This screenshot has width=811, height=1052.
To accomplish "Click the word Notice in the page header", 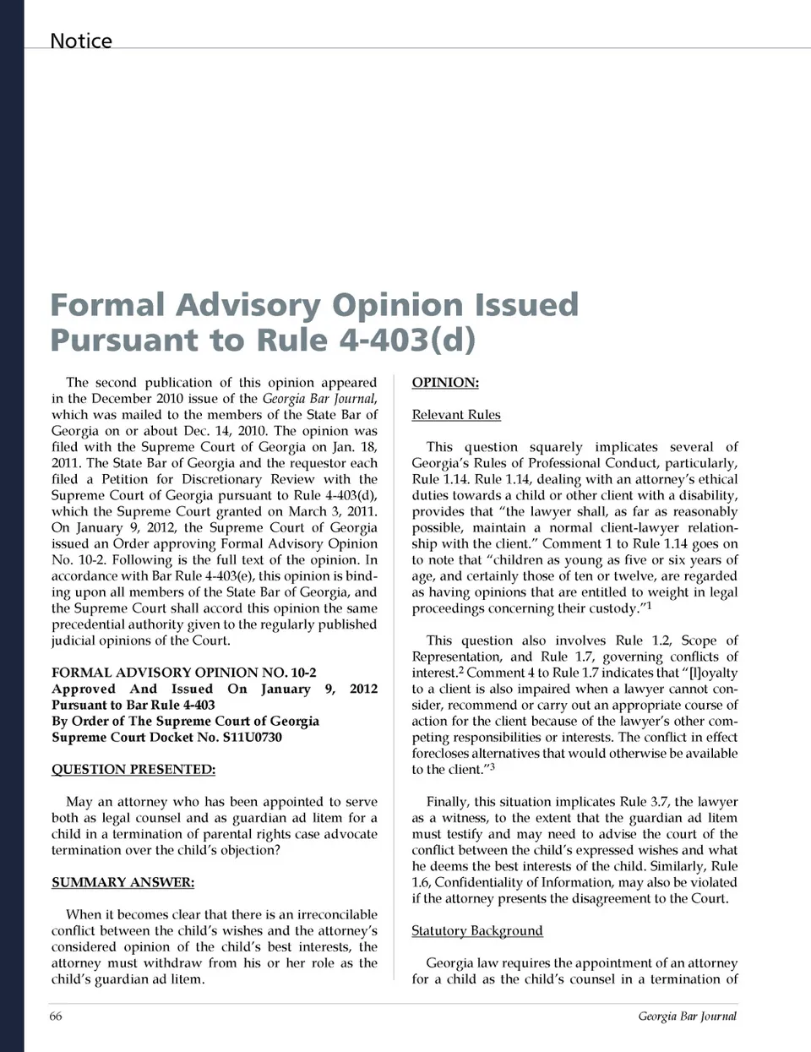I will tap(80, 41).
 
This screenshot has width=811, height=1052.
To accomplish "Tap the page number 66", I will tap(56, 1016).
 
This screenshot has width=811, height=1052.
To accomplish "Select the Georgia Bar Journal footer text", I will tap(687, 1016).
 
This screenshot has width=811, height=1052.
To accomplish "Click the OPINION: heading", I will tap(445, 383).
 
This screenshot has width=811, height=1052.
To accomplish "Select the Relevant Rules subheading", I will tap(456, 415).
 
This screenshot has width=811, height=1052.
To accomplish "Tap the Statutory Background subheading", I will tap(477, 930).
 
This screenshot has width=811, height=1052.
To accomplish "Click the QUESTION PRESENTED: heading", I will tap(133, 769).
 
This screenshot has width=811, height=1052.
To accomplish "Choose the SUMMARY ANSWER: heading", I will tap(122, 882).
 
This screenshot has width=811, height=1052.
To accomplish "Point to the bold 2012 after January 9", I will tap(363, 689).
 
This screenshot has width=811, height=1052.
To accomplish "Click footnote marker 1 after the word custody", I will tap(649, 605).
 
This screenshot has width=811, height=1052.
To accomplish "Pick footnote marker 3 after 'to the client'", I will tap(493, 766).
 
